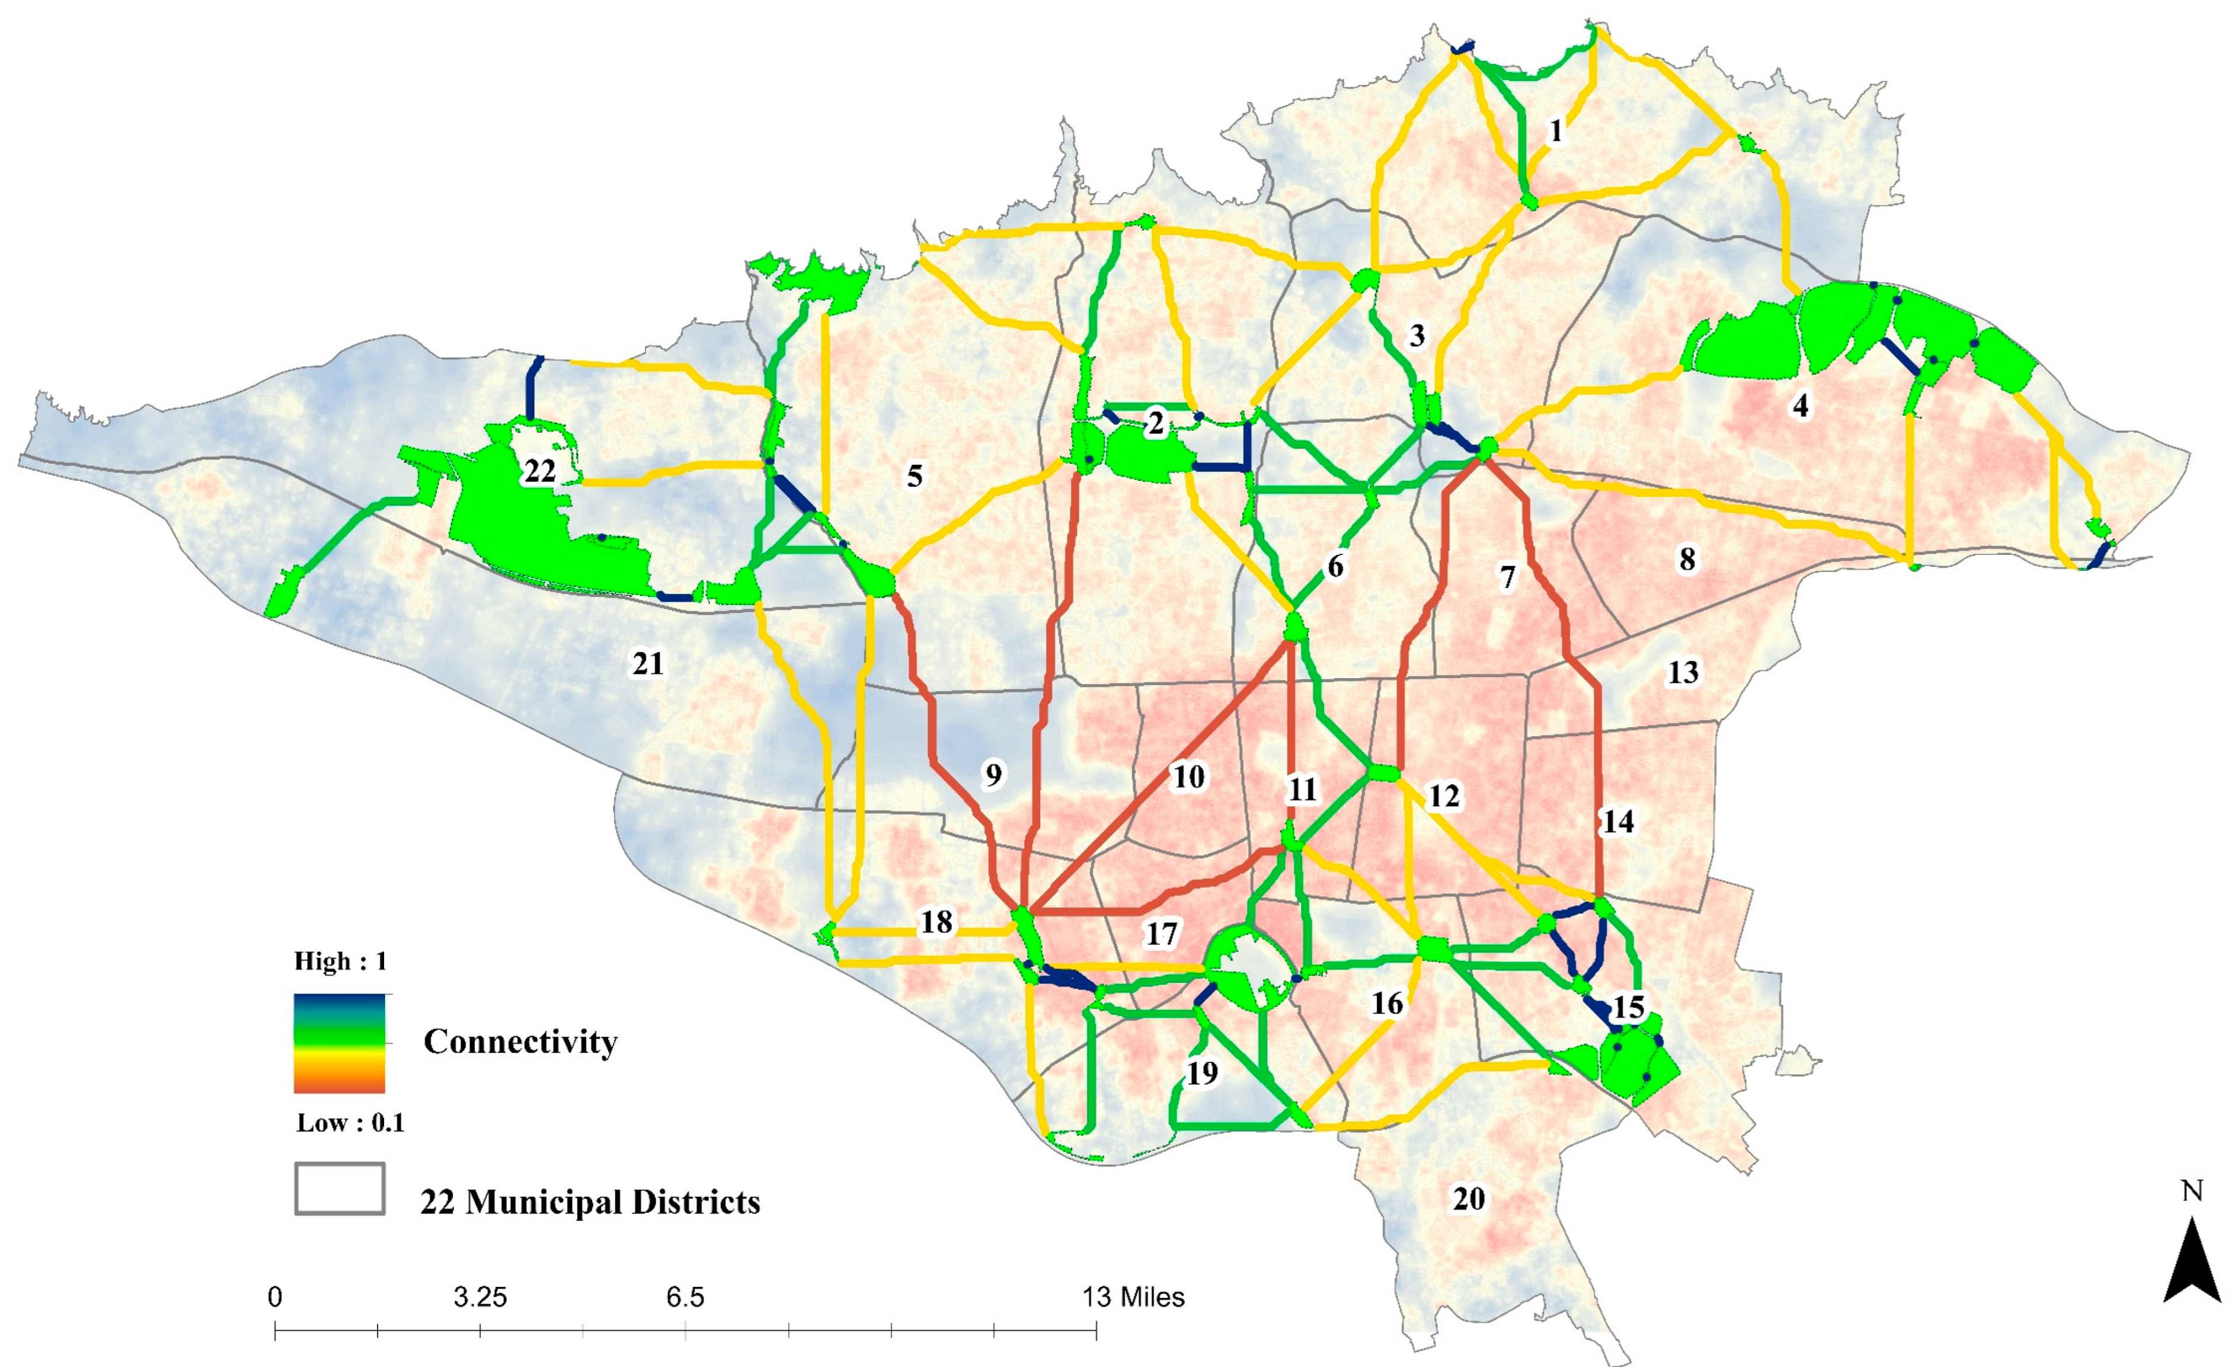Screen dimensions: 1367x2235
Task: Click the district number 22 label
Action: click(540, 471)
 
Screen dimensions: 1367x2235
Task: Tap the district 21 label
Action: click(648, 664)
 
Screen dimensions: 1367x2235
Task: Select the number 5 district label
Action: click(915, 475)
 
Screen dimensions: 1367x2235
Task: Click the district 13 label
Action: click(1683, 672)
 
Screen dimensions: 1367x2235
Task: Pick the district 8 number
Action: click(1686, 559)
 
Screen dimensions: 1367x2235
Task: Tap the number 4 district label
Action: click(1799, 405)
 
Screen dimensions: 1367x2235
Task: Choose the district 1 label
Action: click(1556, 132)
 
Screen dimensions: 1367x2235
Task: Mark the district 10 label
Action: click(1188, 777)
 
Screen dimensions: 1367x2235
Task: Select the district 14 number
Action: click(1618, 822)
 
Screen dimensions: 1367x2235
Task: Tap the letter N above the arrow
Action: click(2192, 1191)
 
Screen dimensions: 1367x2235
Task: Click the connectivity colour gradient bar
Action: click(339, 1043)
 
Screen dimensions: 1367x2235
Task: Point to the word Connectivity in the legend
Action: click(520, 1042)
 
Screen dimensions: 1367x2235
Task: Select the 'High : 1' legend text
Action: click(340, 960)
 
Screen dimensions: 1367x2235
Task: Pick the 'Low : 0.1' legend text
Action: click(350, 1123)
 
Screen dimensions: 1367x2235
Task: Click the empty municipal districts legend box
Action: click(339, 1189)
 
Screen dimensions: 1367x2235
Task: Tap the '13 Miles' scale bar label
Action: click(1133, 1297)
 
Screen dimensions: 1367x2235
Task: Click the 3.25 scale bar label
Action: click(480, 1297)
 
